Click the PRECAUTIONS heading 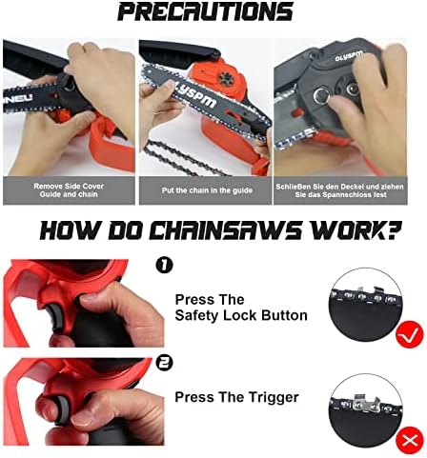(x=206, y=11)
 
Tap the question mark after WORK (x=393, y=229)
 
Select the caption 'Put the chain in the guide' (x=207, y=190)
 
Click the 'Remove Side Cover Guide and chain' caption (x=69, y=190)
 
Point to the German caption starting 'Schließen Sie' (x=340, y=190)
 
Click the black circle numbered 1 (x=164, y=265)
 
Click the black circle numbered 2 (x=164, y=363)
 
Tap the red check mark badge (x=410, y=334)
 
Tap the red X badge (x=410, y=440)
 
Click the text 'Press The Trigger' (x=236, y=397)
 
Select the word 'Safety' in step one (x=197, y=315)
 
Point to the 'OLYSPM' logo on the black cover (x=348, y=56)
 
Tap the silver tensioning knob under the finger (x=321, y=96)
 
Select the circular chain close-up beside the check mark (x=365, y=304)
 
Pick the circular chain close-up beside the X (x=365, y=410)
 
